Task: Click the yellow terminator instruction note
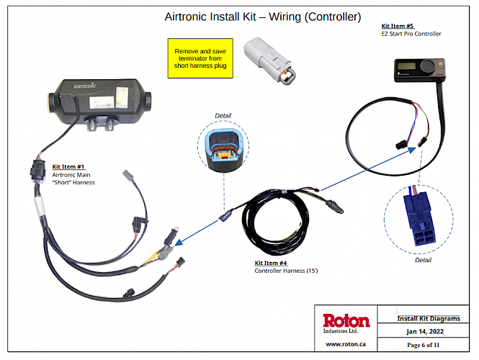[x=200, y=58]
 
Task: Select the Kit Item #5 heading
[x=398, y=26]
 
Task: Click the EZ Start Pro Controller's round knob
[x=427, y=66]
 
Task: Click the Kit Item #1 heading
[x=68, y=167]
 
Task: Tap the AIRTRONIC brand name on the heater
[x=84, y=86]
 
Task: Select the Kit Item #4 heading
[x=271, y=263]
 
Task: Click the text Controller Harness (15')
[x=286, y=271]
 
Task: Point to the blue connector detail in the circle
[x=419, y=220]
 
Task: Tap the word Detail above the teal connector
[x=223, y=116]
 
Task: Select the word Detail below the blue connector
[x=423, y=260]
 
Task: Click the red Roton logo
[x=346, y=321]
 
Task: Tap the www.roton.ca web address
[x=346, y=344]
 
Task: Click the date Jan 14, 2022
[x=425, y=332]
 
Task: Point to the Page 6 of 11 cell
[x=423, y=345]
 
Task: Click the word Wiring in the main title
[x=285, y=17]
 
